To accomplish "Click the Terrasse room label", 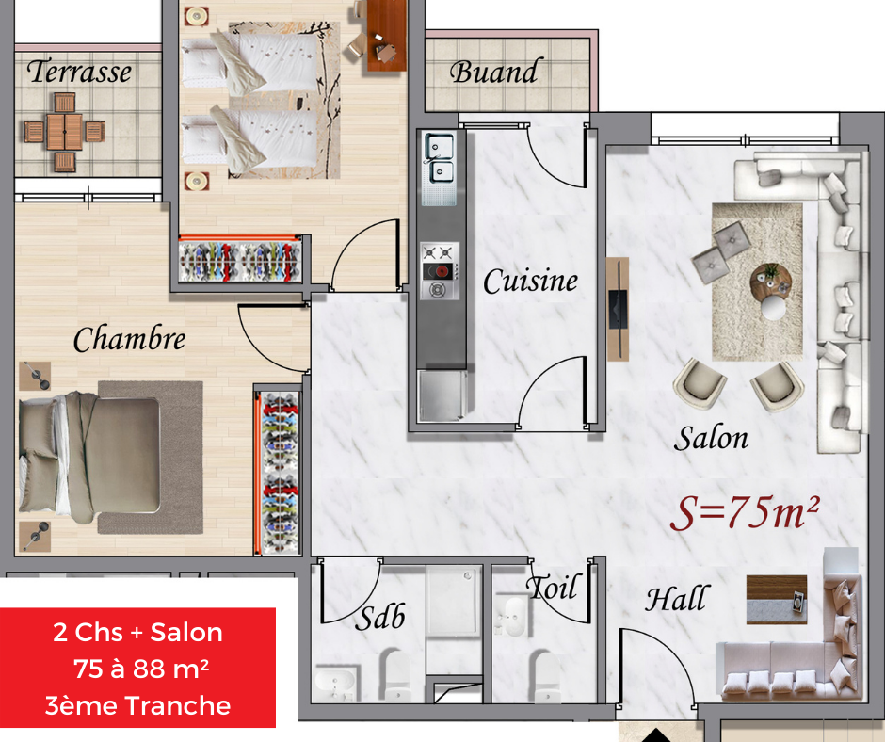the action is click(79, 72).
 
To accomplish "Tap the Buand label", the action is click(493, 72).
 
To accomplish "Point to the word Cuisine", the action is click(531, 281).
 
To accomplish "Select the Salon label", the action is click(711, 438).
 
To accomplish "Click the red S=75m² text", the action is click(745, 513).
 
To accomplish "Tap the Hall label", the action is click(676, 599).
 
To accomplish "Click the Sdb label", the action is click(379, 617).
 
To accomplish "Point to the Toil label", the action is click(555, 588).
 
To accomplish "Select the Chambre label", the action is click(129, 339).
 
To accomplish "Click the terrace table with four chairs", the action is click(64, 132).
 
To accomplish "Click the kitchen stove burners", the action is click(439, 271).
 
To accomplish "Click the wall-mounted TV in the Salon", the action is click(618, 308).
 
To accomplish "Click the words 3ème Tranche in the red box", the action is click(137, 706).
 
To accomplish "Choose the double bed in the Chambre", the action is click(89, 458).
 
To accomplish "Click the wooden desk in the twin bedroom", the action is click(387, 35).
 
